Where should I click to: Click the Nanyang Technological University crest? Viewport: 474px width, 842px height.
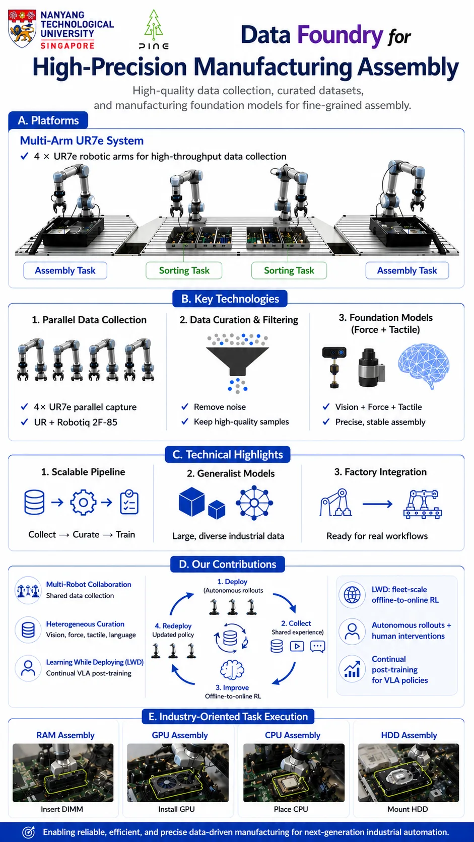[22, 29]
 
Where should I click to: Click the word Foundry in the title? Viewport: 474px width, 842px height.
[340, 35]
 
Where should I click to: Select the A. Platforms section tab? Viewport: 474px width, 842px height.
[48, 121]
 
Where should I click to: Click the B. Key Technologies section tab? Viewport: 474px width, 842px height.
[230, 299]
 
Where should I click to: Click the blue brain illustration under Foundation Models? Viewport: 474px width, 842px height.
[424, 365]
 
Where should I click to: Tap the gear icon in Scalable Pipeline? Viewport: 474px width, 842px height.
[83, 502]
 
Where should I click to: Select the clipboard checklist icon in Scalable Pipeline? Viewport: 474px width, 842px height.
[129, 502]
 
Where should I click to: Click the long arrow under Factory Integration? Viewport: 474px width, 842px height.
[377, 504]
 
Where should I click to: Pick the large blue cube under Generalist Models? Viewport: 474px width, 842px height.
[192, 502]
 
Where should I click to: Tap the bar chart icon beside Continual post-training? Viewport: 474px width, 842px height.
[352, 669]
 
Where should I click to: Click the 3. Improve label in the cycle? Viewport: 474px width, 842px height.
[232, 687]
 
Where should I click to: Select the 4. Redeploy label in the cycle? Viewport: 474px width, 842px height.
[173, 626]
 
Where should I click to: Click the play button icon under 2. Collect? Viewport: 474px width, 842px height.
[297, 646]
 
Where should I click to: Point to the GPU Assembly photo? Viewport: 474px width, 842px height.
[178, 773]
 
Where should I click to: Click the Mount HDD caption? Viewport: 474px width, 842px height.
[408, 809]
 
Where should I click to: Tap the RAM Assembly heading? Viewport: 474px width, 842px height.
[65, 735]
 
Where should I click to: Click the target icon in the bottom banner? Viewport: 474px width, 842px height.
[29, 832]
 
